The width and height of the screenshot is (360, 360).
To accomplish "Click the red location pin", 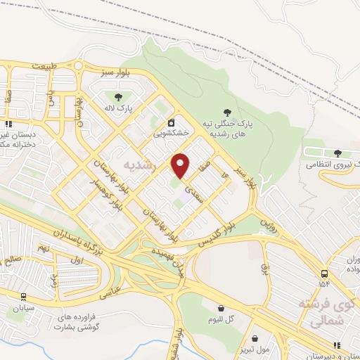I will [181, 165].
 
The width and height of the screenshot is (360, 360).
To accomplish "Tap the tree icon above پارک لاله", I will [116, 97].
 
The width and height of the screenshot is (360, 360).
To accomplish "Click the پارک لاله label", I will [115, 108].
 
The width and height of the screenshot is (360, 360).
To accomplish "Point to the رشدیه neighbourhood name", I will [138, 165].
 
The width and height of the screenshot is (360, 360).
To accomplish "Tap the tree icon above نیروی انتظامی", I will [337, 153].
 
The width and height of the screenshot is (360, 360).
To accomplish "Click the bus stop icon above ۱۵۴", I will [323, 274].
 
